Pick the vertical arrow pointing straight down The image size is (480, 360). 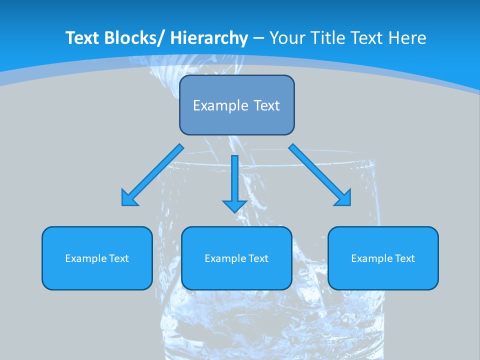(234, 180)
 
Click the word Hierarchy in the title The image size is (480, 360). (209, 38)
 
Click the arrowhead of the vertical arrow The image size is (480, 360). (234, 205)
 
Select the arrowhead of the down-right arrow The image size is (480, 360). (343, 198)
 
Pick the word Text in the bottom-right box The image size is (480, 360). (404, 258)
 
